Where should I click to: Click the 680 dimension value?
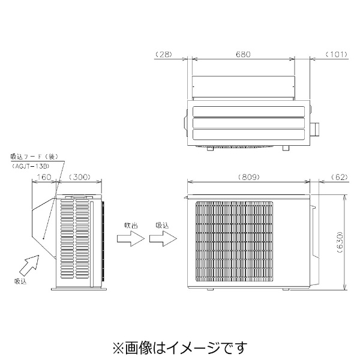click(243, 55)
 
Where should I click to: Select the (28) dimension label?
click(164, 55)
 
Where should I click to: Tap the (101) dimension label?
click(337, 55)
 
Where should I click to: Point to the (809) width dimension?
click(249, 177)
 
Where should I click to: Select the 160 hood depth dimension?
click(44, 177)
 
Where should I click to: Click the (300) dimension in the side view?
click(79, 177)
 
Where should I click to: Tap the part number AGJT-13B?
click(31, 166)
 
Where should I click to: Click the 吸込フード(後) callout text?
click(34, 157)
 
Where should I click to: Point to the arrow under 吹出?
click(131, 239)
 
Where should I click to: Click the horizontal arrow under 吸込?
click(163, 239)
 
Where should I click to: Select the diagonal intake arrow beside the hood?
click(29, 265)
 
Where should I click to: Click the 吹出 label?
click(131, 226)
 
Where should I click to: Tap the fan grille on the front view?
click(235, 242)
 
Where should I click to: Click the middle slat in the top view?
click(248, 123)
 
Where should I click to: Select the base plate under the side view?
click(79, 289)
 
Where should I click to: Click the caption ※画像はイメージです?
click(180, 347)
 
